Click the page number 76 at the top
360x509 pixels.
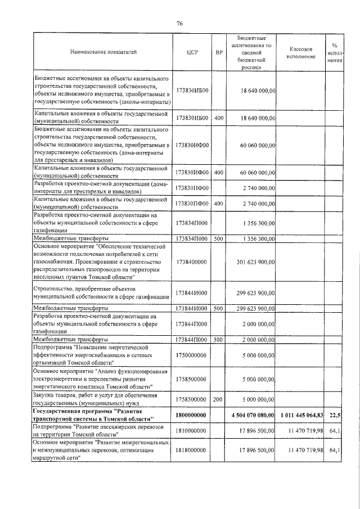[x=179, y=23]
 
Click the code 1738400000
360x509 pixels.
[x=191, y=262]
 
